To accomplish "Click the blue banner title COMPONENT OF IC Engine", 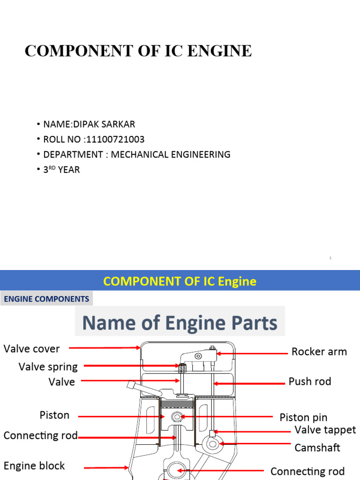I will click(180, 281).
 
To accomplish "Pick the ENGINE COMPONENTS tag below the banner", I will click(46, 299).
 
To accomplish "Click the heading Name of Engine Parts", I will click(180, 323).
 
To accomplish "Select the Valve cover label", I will click(32, 349).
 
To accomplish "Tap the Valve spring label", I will click(48, 367).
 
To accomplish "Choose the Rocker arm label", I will click(319, 352).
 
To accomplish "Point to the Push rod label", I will click(310, 382).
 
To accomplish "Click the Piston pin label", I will click(303, 417).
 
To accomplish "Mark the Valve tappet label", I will click(325, 430).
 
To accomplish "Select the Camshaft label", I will click(317, 448).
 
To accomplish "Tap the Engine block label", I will click(34, 466).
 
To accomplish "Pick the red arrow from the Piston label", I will click(120, 416).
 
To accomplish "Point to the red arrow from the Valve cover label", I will click(105, 348).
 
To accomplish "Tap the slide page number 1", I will click(330, 258).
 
